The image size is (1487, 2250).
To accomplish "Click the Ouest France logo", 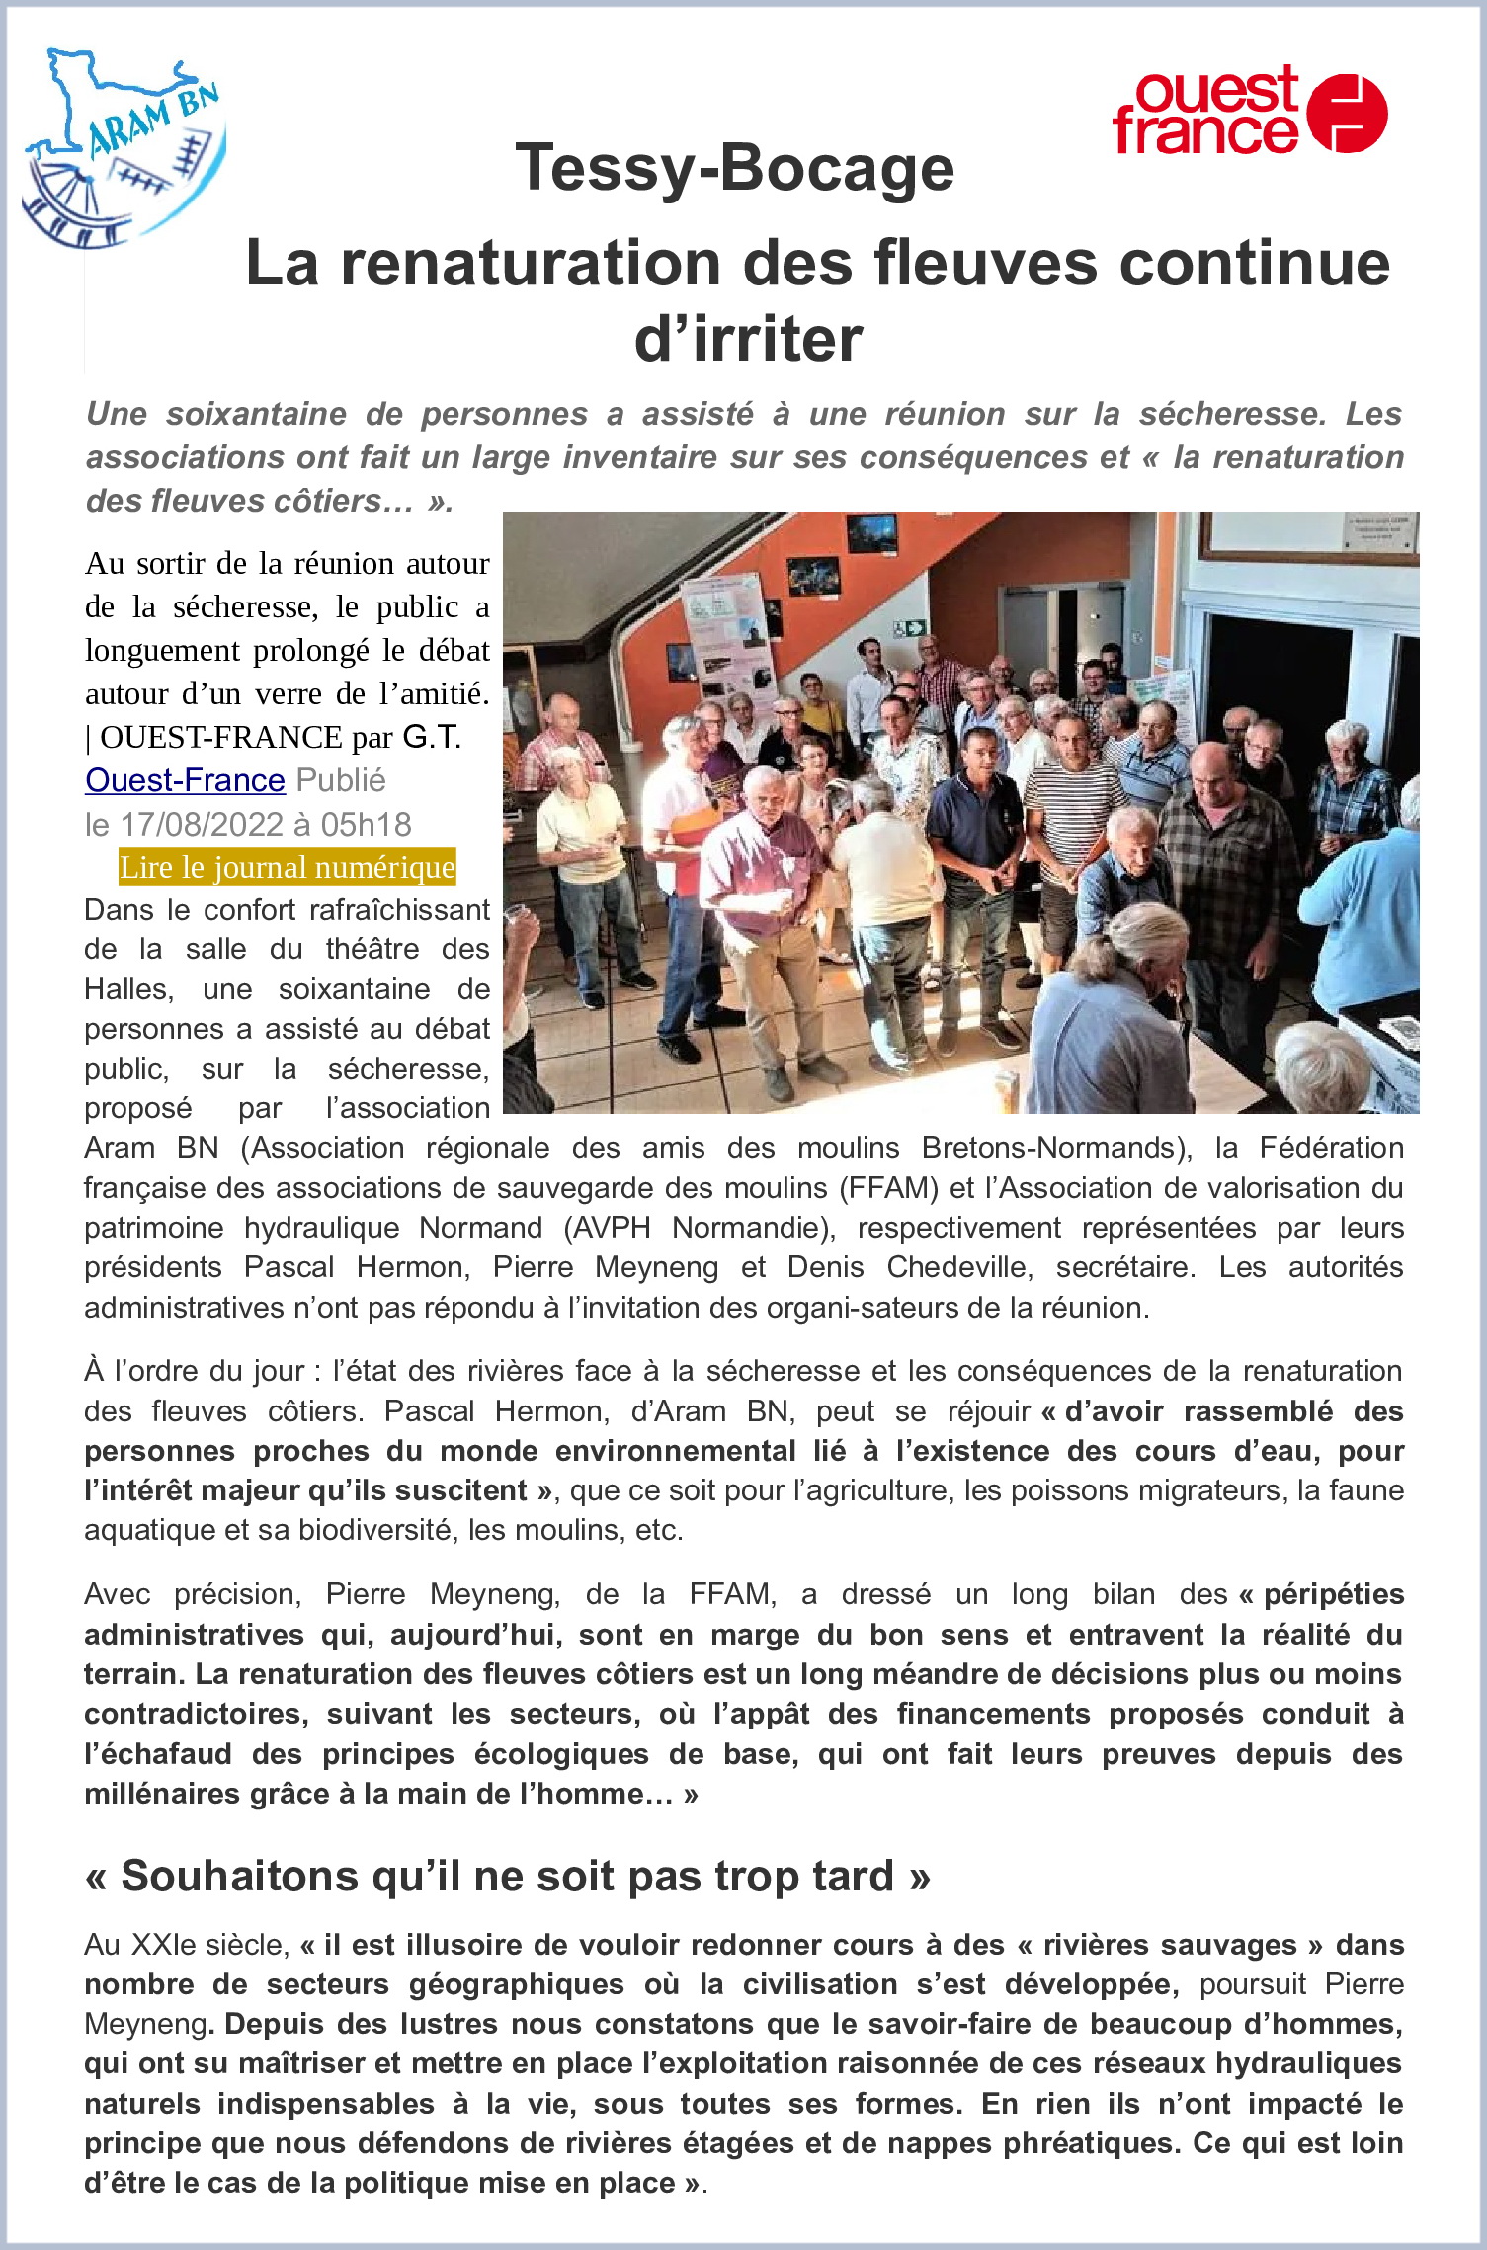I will [x=1250, y=111].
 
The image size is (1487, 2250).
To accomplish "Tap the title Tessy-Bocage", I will [x=734, y=167].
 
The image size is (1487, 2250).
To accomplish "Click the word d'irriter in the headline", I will [x=748, y=339].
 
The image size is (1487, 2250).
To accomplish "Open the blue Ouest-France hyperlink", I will [x=185, y=780].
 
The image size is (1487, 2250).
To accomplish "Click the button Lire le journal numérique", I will [x=287, y=867].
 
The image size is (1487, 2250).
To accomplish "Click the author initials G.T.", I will [x=432, y=737].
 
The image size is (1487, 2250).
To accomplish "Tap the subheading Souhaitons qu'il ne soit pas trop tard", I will [x=508, y=1876].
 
